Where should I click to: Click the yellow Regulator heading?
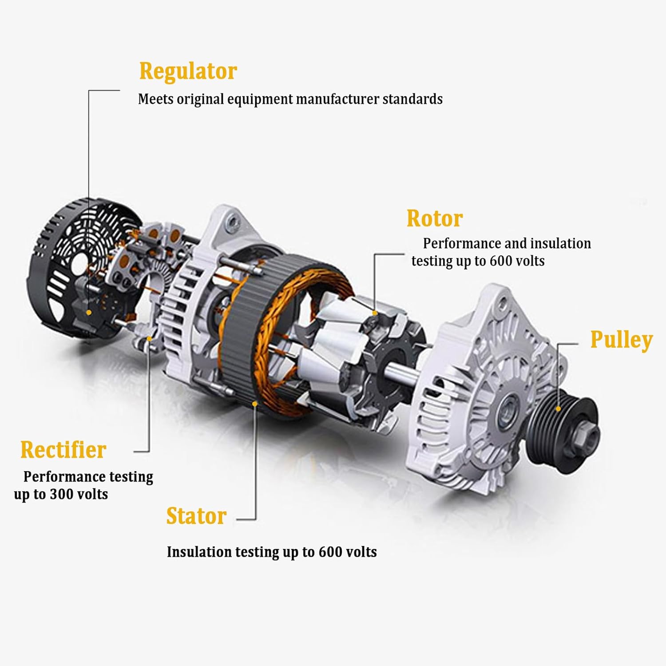click(x=188, y=71)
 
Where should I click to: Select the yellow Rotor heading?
click(x=434, y=218)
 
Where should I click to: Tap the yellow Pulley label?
click(x=621, y=340)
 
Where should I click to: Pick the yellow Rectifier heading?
click(x=63, y=450)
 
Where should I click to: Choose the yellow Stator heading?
click(x=196, y=516)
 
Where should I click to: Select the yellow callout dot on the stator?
click(x=255, y=403)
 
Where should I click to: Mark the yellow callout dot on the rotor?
click(x=375, y=313)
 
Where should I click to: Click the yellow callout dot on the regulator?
click(x=89, y=313)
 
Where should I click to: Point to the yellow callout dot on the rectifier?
click(x=150, y=338)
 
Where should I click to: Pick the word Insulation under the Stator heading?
click(x=199, y=552)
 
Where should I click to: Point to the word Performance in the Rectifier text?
click(x=57, y=477)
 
